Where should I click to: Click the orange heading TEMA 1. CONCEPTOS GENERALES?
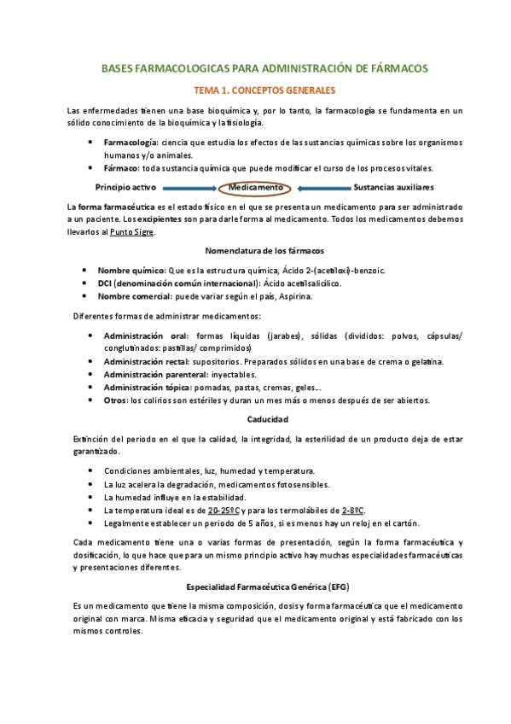[264, 90]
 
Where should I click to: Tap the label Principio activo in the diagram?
[125, 187]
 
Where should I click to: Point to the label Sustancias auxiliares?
[393, 187]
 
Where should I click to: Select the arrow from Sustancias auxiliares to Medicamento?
[322, 188]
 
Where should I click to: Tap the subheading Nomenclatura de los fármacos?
[264, 251]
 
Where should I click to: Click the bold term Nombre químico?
[131, 271]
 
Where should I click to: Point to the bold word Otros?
[114, 400]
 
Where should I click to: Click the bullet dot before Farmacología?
[90, 142]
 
